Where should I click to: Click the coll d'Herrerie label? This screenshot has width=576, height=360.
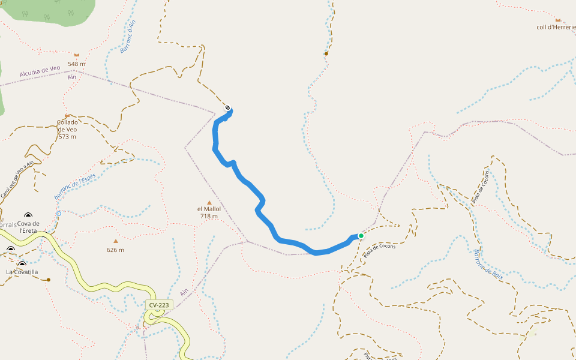coord(556,27)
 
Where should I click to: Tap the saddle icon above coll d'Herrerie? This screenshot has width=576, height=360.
coord(557,20)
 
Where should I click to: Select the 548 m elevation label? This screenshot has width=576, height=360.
coord(76,64)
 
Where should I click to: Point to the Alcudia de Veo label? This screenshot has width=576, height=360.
coord(40,71)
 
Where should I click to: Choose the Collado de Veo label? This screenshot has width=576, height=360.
coord(67,129)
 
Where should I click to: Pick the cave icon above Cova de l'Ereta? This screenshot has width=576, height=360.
coord(28,216)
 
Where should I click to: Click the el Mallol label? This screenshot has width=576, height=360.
coord(209,209)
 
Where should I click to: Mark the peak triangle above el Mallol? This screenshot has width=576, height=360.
coord(209,202)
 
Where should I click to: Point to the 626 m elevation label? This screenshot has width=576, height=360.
coord(115,250)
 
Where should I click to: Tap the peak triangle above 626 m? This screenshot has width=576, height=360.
coord(116,241)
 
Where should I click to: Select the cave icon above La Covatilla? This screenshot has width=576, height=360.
coord(22,264)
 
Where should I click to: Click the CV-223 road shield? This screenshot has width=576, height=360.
coord(159,305)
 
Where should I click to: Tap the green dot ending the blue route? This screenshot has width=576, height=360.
coord(361,236)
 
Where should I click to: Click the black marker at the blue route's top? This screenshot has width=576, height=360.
coord(227,108)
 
